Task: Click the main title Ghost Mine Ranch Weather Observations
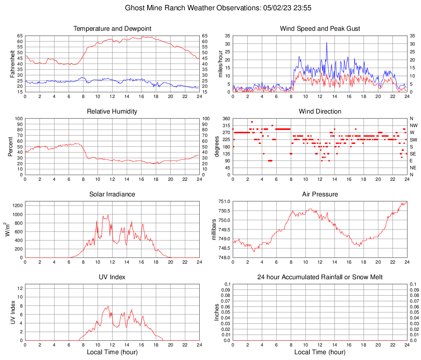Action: point(210,7)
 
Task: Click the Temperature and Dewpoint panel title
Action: point(112,29)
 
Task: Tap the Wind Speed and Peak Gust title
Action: point(320,29)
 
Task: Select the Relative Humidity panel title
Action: point(112,112)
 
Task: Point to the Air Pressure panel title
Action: point(320,194)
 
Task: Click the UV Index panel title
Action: point(112,277)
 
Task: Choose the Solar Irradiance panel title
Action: point(112,194)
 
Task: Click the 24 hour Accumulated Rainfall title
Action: point(320,277)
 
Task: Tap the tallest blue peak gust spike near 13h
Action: point(327,43)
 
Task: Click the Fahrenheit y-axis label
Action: point(12,64)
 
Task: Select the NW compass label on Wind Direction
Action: point(413,125)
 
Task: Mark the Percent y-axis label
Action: point(11,146)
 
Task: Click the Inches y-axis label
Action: point(217,312)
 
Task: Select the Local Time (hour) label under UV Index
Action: point(112,352)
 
